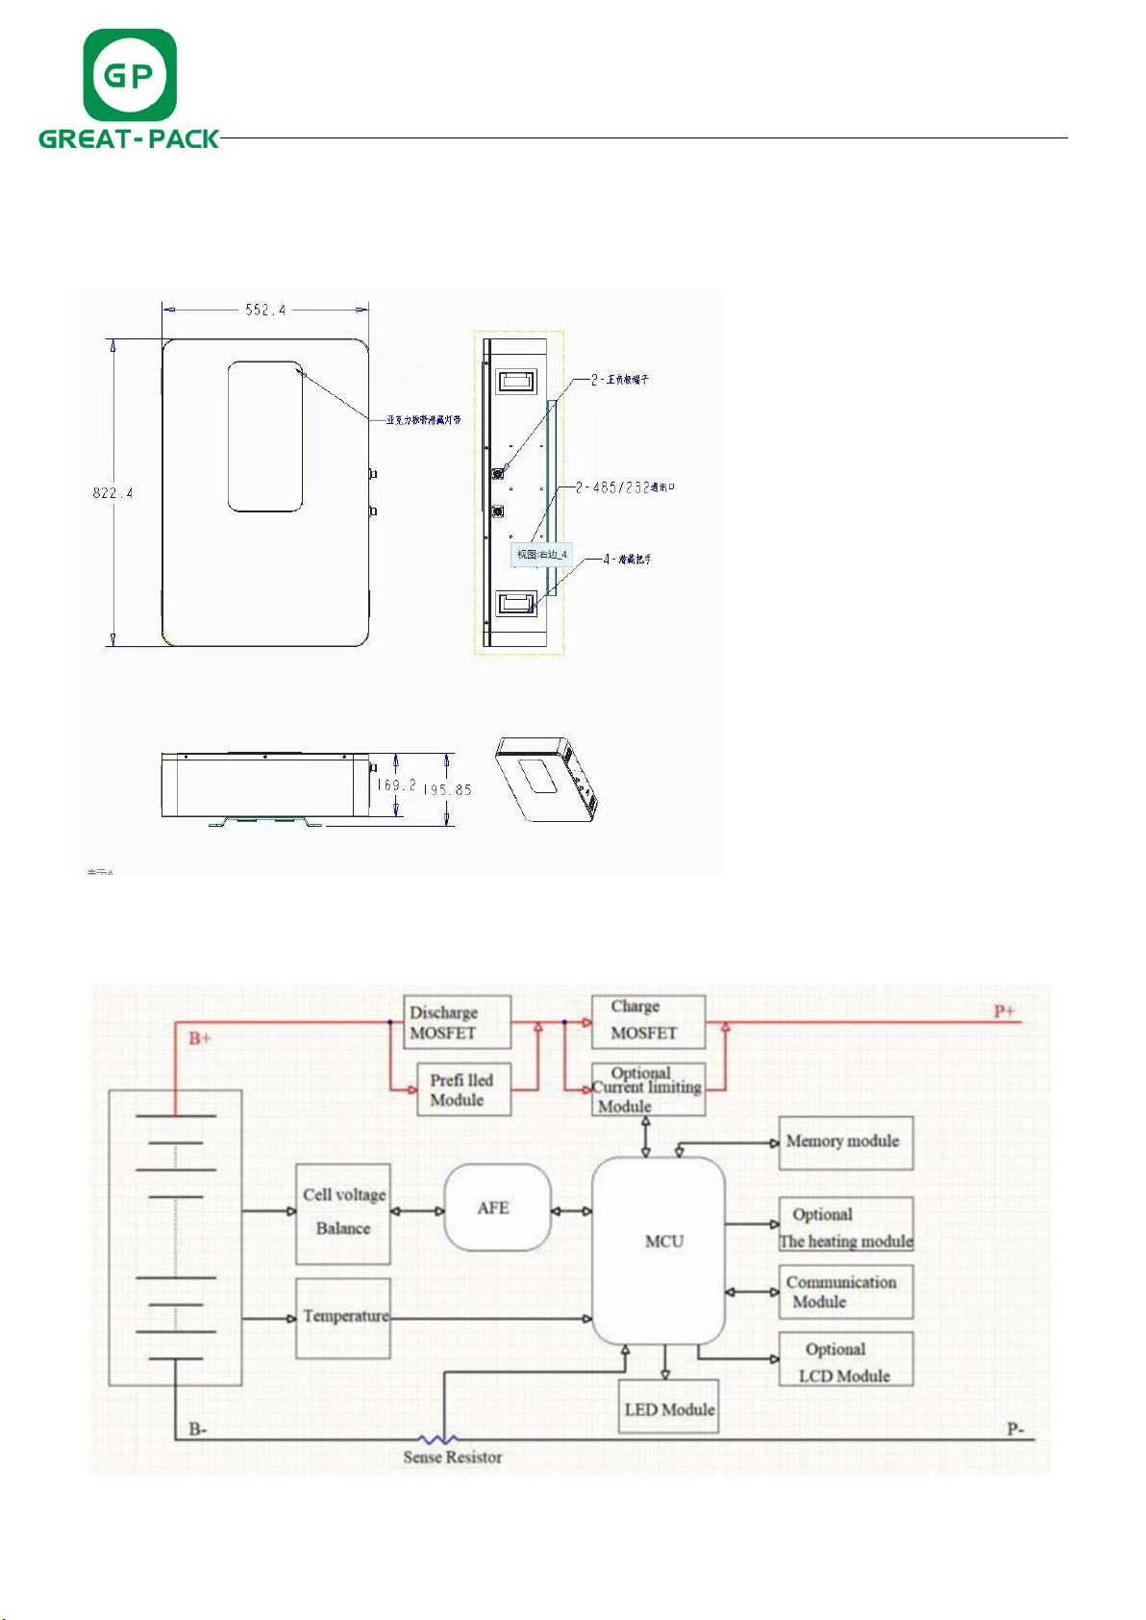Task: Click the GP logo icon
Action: point(130,75)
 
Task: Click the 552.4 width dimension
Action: point(265,310)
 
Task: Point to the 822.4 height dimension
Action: point(112,493)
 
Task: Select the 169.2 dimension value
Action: point(396,785)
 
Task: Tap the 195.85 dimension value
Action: point(448,789)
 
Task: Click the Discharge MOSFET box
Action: point(457,1022)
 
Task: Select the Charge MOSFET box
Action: point(648,1021)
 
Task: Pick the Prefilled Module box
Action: point(463,1090)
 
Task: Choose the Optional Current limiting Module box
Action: point(648,1089)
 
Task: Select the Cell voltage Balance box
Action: point(343,1213)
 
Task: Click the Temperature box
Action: point(343,1318)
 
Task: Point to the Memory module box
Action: point(845,1142)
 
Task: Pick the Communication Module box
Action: point(845,1292)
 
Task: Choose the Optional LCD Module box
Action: point(845,1359)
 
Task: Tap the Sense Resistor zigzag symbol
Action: point(437,1439)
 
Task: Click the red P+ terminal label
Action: point(1005,1011)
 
